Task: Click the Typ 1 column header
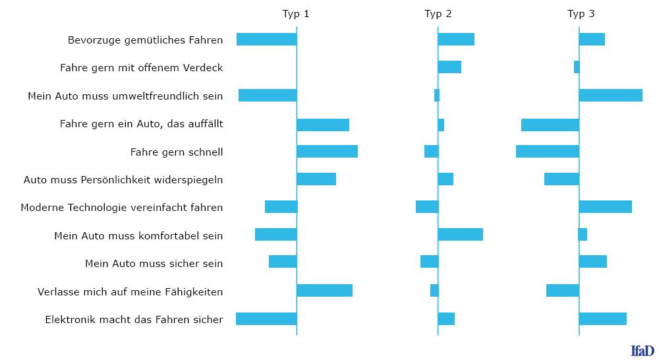pos(295,14)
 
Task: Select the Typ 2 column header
pos(438,14)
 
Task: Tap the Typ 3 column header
pos(581,14)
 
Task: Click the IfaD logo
pos(643,350)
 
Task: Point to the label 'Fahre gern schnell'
pos(177,152)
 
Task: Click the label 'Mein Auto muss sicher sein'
pos(154,264)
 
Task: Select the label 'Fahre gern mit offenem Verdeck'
pos(141,68)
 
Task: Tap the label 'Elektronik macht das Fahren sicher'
pos(134,320)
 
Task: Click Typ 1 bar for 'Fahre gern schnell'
pos(328,152)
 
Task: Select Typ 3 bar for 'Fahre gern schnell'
pos(548,152)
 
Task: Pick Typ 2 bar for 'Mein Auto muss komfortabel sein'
pos(461,235)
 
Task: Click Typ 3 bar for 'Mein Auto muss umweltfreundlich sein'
pos(611,96)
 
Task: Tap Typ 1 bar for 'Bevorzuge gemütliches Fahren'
pos(267,39)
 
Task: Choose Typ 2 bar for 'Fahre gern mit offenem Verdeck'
pos(449,67)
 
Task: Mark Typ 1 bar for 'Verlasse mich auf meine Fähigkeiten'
pos(325,291)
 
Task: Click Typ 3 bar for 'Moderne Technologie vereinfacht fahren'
pos(606,207)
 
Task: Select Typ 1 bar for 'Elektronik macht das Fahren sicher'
pos(266,318)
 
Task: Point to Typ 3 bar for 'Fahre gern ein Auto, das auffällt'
pos(550,125)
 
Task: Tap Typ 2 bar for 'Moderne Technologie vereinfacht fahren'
pos(427,207)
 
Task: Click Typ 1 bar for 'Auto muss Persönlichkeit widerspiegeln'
pos(316,179)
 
